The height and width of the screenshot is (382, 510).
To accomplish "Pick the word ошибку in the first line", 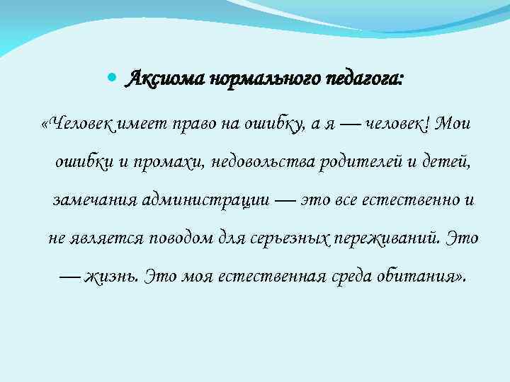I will (271, 125).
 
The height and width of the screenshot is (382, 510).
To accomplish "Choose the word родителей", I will (361, 163).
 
